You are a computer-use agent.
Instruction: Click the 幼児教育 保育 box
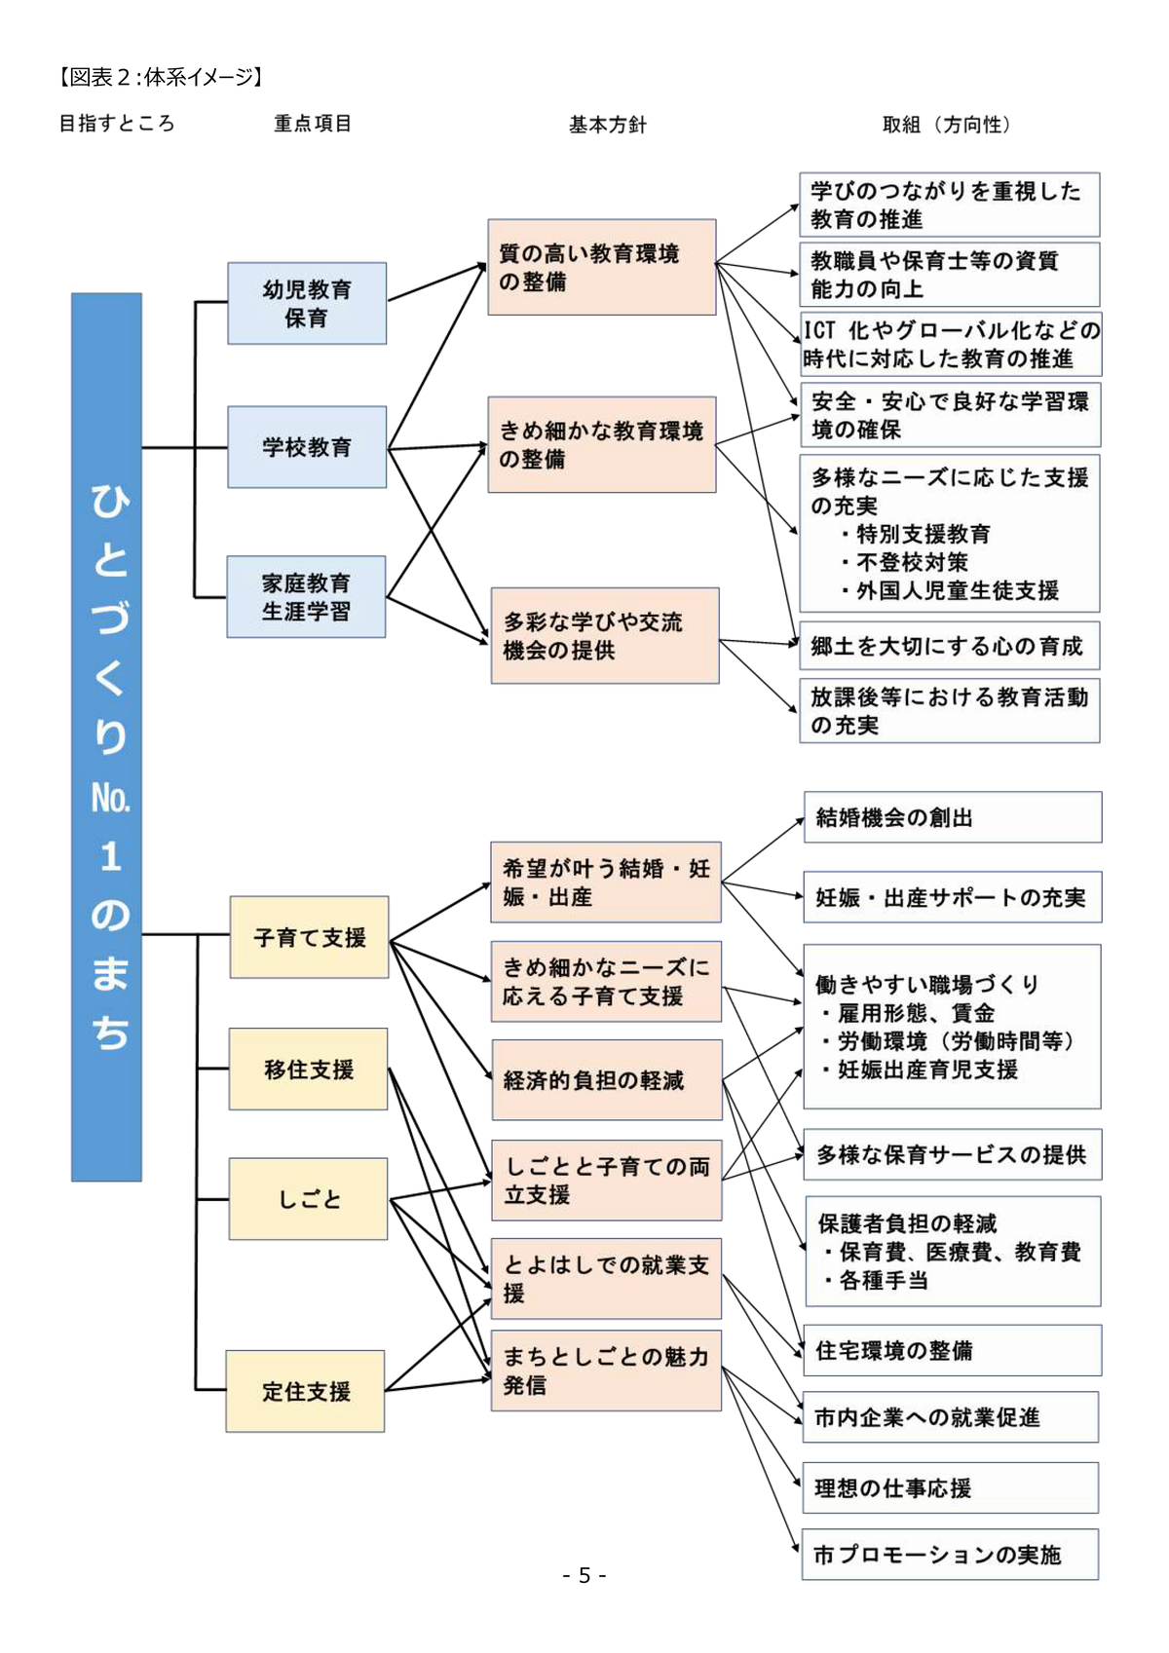pos(307,303)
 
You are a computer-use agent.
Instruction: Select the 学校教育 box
pos(307,447)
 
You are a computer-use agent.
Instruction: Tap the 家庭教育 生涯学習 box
pos(306,597)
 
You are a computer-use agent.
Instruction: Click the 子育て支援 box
pos(309,937)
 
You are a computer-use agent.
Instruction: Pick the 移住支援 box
pos(308,1069)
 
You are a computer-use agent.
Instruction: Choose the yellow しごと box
pos(308,1199)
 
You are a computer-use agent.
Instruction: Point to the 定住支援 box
pos(305,1391)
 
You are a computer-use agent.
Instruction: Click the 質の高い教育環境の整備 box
pos(601,267)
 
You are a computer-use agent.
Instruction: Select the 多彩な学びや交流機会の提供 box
pos(604,635)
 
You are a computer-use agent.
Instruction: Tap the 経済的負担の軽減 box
pos(606,1080)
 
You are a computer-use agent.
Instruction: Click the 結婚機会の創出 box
pos(952,817)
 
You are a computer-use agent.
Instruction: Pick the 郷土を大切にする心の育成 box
pos(949,646)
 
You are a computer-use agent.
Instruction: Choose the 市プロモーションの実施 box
pos(950,1555)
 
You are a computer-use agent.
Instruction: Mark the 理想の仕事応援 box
pos(950,1487)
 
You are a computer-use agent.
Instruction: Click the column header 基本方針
pos(608,125)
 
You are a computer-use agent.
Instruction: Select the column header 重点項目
pos(313,124)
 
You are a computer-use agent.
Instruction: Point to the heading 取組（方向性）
pos(947,125)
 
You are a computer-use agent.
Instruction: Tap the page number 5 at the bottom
pos(584,1575)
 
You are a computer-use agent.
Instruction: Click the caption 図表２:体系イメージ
pos(161,77)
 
